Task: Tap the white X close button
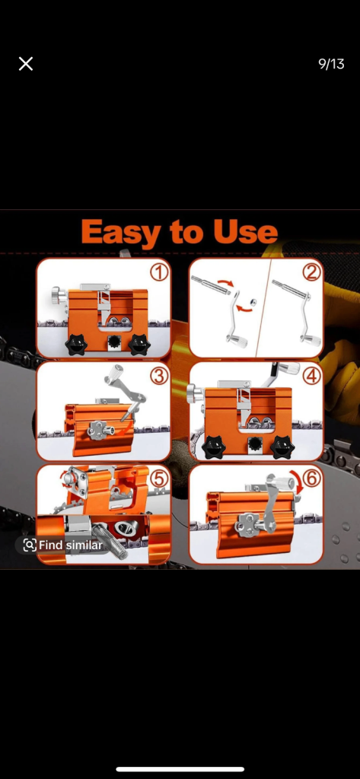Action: pyautogui.click(x=26, y=64)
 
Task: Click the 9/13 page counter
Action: pyautogui.click(x=331, y=64)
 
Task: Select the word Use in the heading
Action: pyautogui.click(x=245, y=231)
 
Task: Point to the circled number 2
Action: pyautogui.click(x=311, y=272)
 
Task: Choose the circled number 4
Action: pyautogui.click(x=311, y=376)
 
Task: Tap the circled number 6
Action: pyautogui.click(x=311, y=479)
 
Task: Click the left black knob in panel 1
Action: pyautogui.click(x=77, y=345)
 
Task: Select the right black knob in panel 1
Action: pyautogui.click(x=139, y=345)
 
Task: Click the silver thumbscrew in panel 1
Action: pyautogui.click(x=58, y=297)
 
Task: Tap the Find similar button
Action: pyautogui.click(x=62, y=545)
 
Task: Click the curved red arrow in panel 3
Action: pyautogui.click(x=126, y=424)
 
